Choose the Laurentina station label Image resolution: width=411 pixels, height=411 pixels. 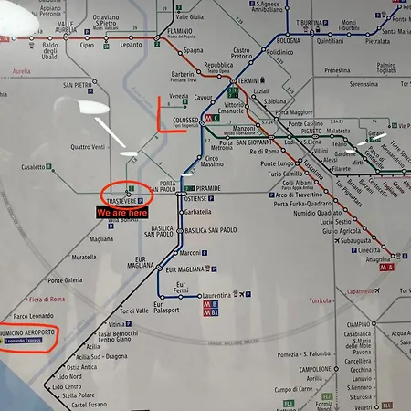click(216, 295)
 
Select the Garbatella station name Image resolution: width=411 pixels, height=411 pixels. click(197, 211)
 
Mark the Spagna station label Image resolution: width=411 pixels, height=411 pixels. click(193, 50)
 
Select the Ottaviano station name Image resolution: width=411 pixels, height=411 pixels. click(106, 16)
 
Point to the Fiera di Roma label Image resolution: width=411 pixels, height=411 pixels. click(47, 300)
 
